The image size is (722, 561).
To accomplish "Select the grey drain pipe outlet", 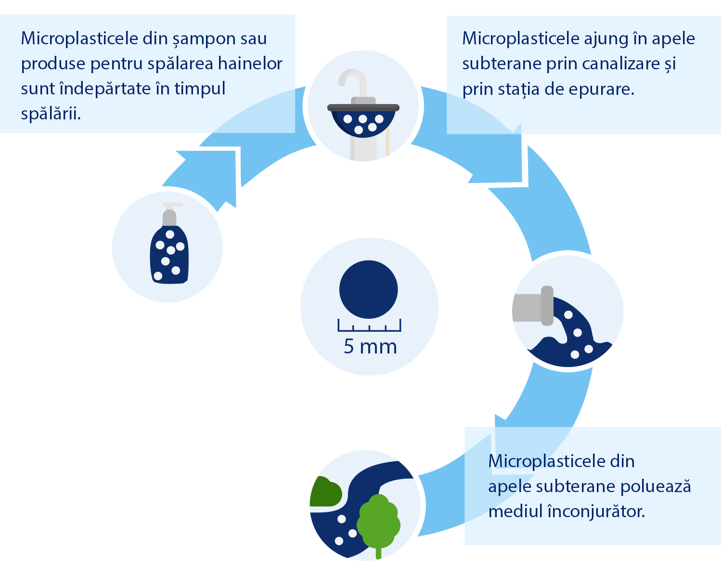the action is (x=533, y=306).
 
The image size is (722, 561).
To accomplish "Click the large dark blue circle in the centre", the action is (x=368, y=289).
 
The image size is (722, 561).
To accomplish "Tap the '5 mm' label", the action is (x=370, y=347).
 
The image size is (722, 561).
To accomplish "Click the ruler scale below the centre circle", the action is (x=369, y=325).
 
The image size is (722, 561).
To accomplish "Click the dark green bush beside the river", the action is (x=325, y=492).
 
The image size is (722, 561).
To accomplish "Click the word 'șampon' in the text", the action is (x=204, y=39).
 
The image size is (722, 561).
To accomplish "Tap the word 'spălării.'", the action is (x=51, y=114).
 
